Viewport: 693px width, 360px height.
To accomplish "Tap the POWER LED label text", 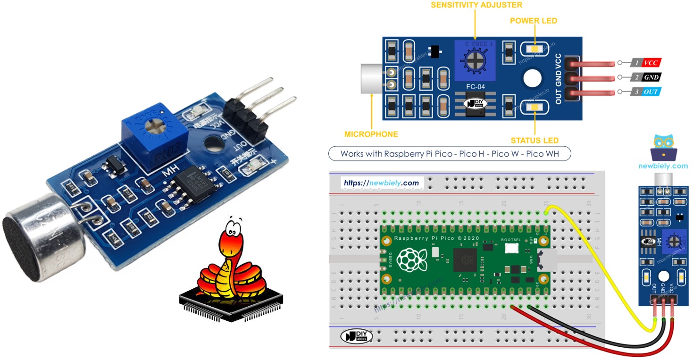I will (x=533, y=21).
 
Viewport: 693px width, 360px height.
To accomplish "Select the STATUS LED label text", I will (x=534, y=141).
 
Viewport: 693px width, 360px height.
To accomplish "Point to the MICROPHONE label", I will (x=371, y=134).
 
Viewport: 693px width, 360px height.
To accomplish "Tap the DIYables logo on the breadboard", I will (x=357, y=336).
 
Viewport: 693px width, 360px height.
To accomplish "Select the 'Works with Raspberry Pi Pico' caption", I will (x=449, y=154).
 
